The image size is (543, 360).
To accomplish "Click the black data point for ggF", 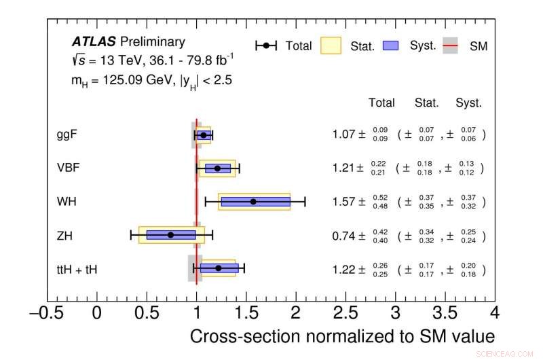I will (204, 135).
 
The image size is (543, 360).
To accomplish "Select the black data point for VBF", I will (217, 168).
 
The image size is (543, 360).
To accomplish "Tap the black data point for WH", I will (253, 202).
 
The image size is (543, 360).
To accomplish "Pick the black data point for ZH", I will (170, 234).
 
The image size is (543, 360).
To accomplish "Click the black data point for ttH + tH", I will (218, 268).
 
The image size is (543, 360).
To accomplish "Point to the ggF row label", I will (67, 134).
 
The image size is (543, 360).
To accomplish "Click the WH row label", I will (67, 201).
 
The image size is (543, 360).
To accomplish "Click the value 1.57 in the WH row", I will (344, 202).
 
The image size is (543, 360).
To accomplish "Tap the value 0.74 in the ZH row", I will (344, 236).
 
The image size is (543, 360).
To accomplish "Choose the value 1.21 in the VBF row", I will (344, 168).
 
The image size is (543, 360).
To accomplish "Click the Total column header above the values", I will (381, 103).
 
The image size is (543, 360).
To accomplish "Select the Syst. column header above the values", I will (468, 103).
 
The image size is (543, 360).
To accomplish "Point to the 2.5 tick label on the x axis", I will (345, 312).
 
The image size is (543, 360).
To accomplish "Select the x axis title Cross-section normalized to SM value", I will (342, 336).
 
